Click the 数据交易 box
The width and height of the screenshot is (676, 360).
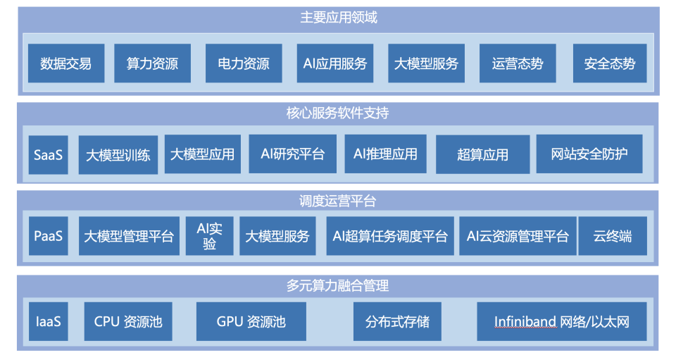click(x=65, y=63)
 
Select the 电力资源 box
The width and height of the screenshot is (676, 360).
click(x=244, y=63)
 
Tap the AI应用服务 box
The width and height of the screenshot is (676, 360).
click(x=334, y=63)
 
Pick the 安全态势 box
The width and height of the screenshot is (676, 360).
click(x=609, y=63)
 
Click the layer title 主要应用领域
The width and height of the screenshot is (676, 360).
click(x=339, y=18)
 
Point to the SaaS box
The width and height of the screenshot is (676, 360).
click(x=48, y=154)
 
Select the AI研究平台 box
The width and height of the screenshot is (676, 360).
click(x=292, y=154)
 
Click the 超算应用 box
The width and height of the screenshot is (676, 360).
click(x=482, y=154)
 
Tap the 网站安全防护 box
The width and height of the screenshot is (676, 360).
click(x=589, y=154)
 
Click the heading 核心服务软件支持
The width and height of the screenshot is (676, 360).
click(x=339, y=113)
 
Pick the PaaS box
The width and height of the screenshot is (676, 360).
click(x=48, y=235)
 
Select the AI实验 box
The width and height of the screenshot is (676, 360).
click(x=209, y=236)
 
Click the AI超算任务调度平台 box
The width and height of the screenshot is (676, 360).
click(x=389, y=236)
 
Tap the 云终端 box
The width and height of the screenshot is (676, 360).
click(x=611, y=236)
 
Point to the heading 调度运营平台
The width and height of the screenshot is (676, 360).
click(x=339, y=201)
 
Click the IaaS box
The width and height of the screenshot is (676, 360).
click(x=48, y=322)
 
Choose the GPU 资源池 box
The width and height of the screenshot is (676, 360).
click(x=251, y=322)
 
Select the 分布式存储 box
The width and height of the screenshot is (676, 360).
click(x=397, y=322)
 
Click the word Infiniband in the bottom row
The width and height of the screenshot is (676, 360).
click(x=525, y=322)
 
